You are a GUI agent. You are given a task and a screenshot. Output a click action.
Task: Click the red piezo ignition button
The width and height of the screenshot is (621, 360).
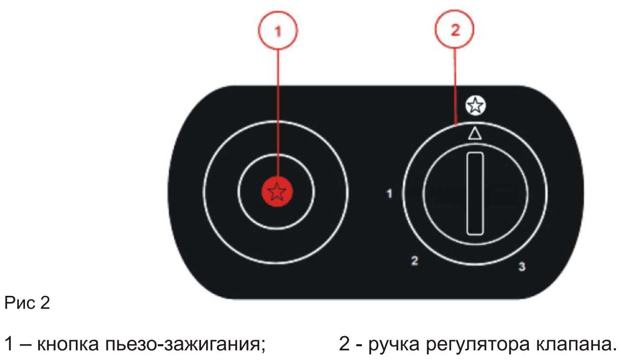coord(276,192)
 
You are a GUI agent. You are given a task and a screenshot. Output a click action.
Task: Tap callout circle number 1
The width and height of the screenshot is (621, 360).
coord(277,31)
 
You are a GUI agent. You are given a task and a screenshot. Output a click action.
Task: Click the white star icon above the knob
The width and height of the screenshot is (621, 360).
coord(475,106)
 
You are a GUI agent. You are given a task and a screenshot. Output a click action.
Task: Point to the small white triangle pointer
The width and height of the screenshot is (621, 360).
coord(474,133)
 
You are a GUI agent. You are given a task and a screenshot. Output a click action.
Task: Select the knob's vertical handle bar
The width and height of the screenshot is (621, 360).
coord(474,194)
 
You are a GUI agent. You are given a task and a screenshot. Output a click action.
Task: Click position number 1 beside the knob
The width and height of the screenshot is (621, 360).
coord(389,194)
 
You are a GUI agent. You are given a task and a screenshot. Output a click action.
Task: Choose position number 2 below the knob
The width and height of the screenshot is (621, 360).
coord(415,261)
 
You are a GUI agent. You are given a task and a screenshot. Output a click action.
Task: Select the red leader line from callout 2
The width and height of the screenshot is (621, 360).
coord(455,81)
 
